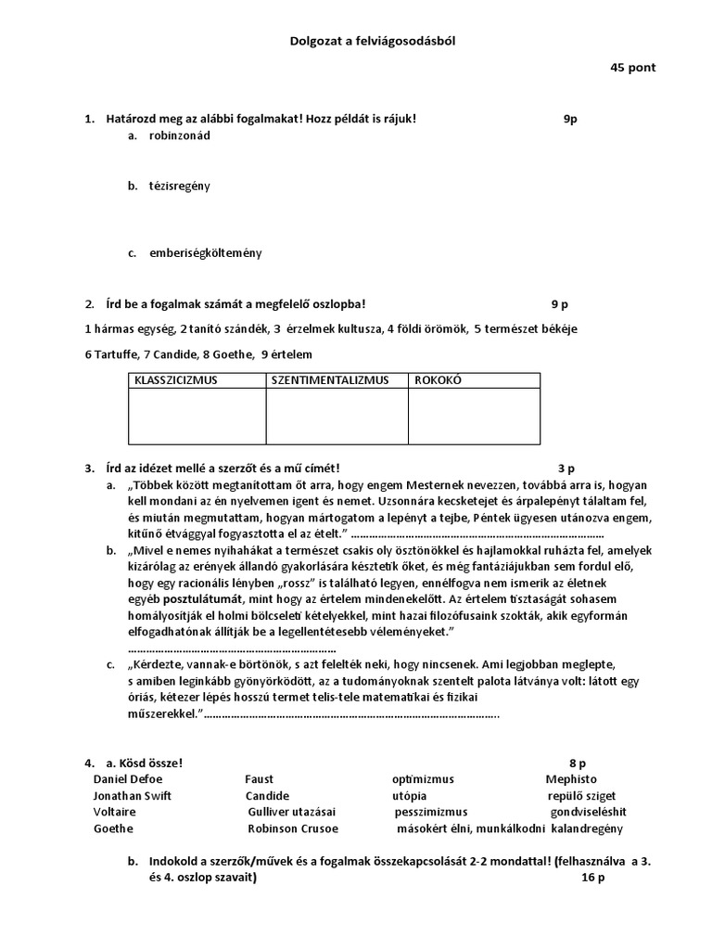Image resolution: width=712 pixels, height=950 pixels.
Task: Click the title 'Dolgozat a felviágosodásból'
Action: tap(356, 41)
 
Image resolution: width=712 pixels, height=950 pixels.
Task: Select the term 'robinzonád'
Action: tap(180, 135)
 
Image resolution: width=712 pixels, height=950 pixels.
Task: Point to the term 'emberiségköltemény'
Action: tap(205, 252)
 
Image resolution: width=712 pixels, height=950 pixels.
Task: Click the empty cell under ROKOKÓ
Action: tap(473, 416)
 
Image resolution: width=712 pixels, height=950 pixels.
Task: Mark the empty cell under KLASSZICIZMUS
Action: tap(197, 416)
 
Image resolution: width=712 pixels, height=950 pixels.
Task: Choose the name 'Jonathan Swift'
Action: tap(132, 796)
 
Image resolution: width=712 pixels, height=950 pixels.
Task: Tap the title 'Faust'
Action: tap(260, 779)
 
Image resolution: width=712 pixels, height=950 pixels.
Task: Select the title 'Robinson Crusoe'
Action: tap(293, 828)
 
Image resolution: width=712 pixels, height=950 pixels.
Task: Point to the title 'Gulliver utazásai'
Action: tap(294, 812)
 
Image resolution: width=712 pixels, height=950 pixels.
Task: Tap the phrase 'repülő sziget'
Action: tap(581, 796)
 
